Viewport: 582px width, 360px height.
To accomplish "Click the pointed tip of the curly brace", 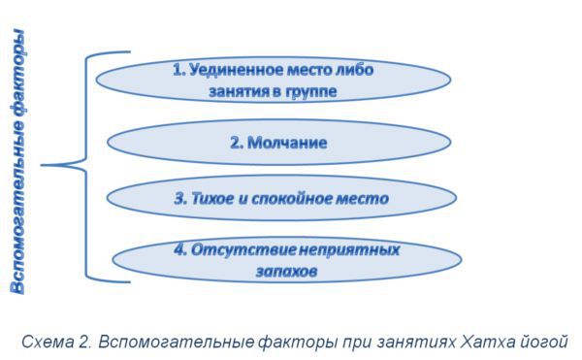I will point(43,166).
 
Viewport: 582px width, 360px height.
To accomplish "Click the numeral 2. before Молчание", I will point(237,143).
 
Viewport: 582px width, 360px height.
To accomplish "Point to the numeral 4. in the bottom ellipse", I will point(180,249).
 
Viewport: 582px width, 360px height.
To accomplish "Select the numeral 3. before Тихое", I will point(180,199).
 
